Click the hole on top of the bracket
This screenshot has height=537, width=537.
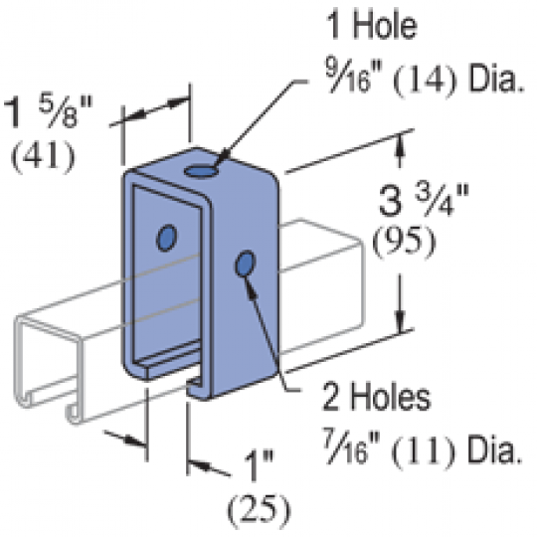[x=201, y=171]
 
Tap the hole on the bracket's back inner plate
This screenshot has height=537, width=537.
[x=166, y=238]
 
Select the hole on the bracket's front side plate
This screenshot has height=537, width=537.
[x=246, y=264]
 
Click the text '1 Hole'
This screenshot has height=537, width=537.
[x=372, y=25]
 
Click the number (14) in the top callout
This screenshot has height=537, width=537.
[x=425, y=81]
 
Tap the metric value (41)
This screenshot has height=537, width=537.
[x=43, y=156]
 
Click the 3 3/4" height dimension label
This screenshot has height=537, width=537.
[x=424, y=200]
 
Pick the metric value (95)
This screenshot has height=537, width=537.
[x=404, y=243]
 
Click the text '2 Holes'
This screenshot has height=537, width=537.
[x=376, y=397]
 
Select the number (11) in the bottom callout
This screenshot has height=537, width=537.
[x=423, y=452]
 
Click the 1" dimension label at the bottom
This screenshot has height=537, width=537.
[x=259, y=465]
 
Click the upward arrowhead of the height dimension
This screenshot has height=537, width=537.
[x=400, y=145]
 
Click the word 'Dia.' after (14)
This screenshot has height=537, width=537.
[x=496, y=81]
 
